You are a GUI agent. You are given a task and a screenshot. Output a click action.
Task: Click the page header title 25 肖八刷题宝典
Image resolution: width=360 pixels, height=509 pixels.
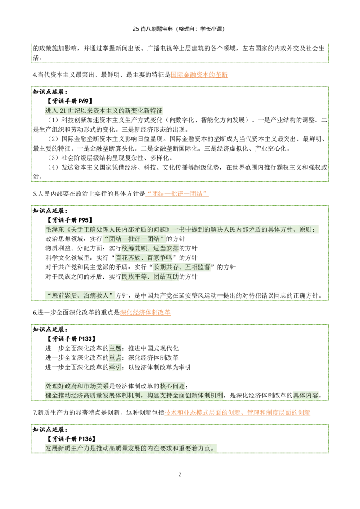pos(153,29)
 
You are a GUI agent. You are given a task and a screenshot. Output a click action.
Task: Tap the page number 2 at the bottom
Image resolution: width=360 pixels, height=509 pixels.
pos(180,474)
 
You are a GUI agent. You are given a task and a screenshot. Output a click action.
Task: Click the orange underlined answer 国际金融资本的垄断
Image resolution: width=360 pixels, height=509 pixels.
pos(199,75)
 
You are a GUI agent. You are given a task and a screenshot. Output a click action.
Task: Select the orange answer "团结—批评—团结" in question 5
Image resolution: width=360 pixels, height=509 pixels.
pos(177,194)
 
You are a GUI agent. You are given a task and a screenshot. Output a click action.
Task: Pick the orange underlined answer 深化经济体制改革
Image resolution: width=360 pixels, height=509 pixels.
pos(145,313)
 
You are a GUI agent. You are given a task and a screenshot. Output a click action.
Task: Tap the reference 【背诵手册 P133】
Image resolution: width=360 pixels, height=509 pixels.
pos(71,339)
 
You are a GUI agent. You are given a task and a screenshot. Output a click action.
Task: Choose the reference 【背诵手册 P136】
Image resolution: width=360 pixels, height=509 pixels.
pos(71,439)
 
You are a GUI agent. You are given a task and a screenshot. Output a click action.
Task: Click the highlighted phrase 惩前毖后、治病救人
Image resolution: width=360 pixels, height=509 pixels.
pos(80,296)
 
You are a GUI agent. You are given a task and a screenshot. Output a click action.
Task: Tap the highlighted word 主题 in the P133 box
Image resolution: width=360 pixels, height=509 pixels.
pos(115,348)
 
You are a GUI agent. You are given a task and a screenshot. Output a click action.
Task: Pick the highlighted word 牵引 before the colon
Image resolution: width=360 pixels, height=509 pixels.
pos(115,367)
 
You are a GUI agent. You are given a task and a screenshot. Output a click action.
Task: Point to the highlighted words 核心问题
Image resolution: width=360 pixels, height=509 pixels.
pos(172,386)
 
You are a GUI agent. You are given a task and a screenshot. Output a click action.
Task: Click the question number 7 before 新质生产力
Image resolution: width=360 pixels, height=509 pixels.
pos(34,413)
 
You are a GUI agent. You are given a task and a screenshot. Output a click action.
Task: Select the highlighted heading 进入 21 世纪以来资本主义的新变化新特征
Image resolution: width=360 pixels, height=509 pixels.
pos(104,111)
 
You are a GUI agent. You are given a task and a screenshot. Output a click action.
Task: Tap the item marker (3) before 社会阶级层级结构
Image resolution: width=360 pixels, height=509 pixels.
pos(53,158)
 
